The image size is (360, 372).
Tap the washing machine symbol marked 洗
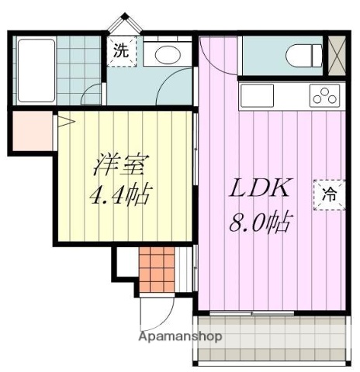[120, 53]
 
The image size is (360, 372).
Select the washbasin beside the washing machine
[165, 54]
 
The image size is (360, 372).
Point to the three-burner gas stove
[325, 96]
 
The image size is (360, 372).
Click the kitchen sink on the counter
[257, 96]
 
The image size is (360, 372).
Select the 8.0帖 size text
[260, 225]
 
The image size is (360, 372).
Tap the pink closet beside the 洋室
[30, 133]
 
